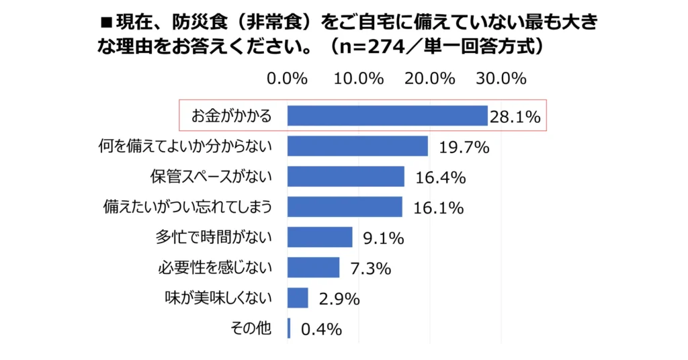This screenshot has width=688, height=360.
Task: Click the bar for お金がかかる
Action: tap(387, 116)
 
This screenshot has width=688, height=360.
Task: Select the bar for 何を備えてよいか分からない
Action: tap(357, 146)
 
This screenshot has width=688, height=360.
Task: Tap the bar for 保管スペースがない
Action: tap(346, 176)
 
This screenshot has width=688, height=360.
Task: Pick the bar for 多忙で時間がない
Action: tap(320, 236)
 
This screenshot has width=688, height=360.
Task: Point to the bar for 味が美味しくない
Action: tap(298, 298)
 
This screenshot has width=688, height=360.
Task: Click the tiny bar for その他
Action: tap(289, 328)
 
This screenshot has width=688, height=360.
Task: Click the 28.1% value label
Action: tap(515, 118)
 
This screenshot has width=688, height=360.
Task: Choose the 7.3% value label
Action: tap(371, 269)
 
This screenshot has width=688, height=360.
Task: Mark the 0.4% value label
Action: tap(322, 330)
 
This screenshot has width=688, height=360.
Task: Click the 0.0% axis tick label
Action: tap(288, 79)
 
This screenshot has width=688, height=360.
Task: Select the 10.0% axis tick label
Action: tap(359, 79)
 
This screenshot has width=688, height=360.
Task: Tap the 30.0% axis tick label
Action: tap(501, 79)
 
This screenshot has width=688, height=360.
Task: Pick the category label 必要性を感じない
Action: tap(215, 267)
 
